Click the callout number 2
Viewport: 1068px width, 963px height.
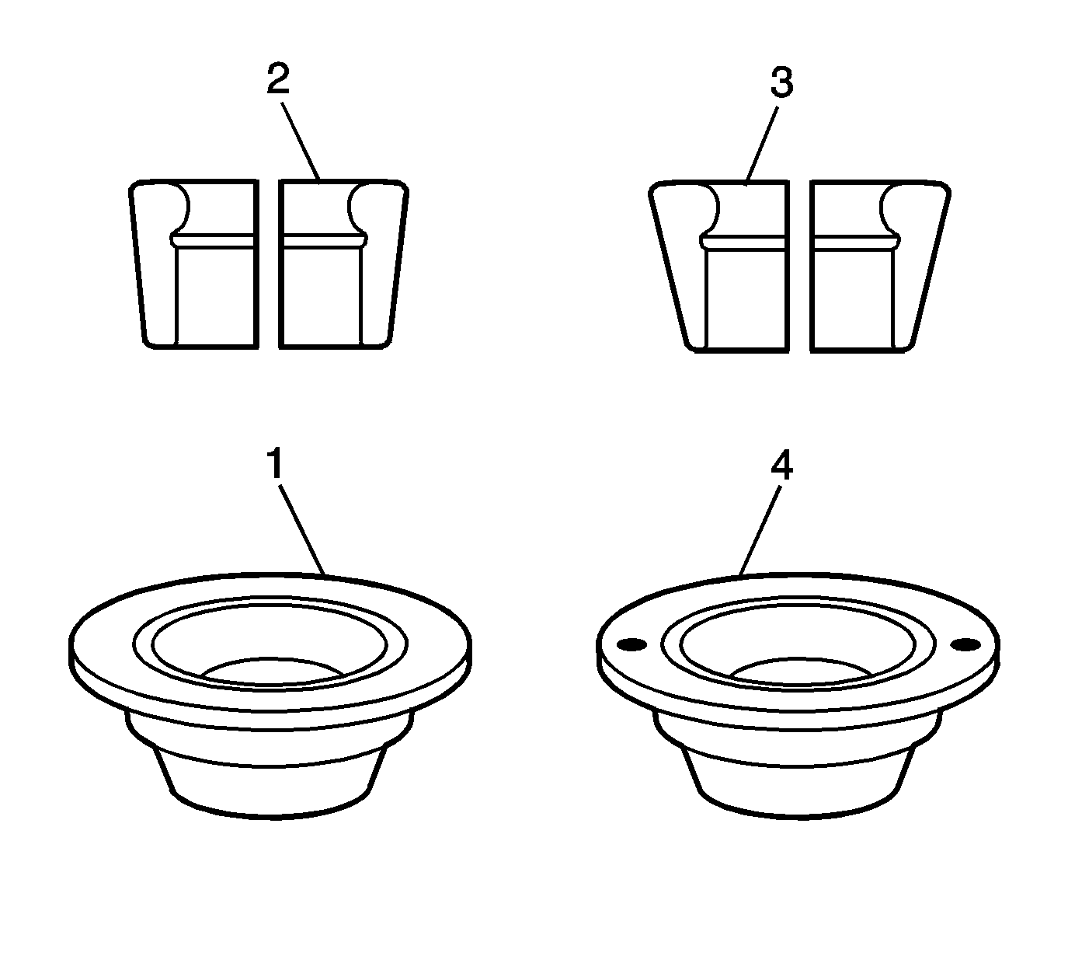click(x=278, y=78)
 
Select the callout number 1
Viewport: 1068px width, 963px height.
click(x=276, y=464)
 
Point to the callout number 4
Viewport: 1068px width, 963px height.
click(x=781, y=466)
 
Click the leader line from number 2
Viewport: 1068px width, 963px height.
click(x=301, y=142)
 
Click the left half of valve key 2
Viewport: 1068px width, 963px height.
click(x=194, y=264)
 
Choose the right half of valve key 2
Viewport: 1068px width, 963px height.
click(x=343, y=264)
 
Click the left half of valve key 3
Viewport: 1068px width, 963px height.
click(x=718, y=267)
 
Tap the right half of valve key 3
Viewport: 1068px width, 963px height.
click(x=880, y=267)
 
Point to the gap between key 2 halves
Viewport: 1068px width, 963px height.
click(x=269, y=264)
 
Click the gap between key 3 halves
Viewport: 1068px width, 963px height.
click(x=800, y=267)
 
